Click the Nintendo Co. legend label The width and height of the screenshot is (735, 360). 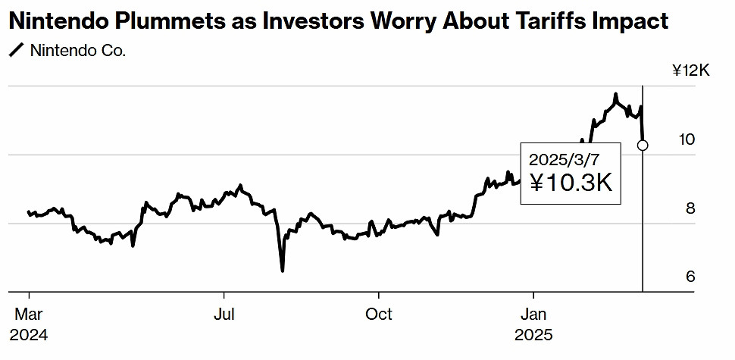coord(78,52)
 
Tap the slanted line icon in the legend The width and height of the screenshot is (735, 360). coord(16,52)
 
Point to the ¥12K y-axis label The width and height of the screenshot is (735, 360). coord(690,71)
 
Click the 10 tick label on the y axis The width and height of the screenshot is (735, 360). coord(686,139)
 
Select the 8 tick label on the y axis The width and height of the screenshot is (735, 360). coord(690,208)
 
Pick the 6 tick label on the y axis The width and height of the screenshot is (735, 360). coord(690,277)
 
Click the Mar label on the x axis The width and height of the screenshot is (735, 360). coord(29,314)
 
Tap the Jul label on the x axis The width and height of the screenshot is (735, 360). coord(224,314)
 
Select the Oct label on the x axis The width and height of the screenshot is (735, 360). coord(378,314)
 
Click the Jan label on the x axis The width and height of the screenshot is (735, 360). coord(533,314)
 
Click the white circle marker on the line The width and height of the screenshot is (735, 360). coord(643,145)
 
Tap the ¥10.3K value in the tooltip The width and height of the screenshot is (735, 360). coord(570,183)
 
